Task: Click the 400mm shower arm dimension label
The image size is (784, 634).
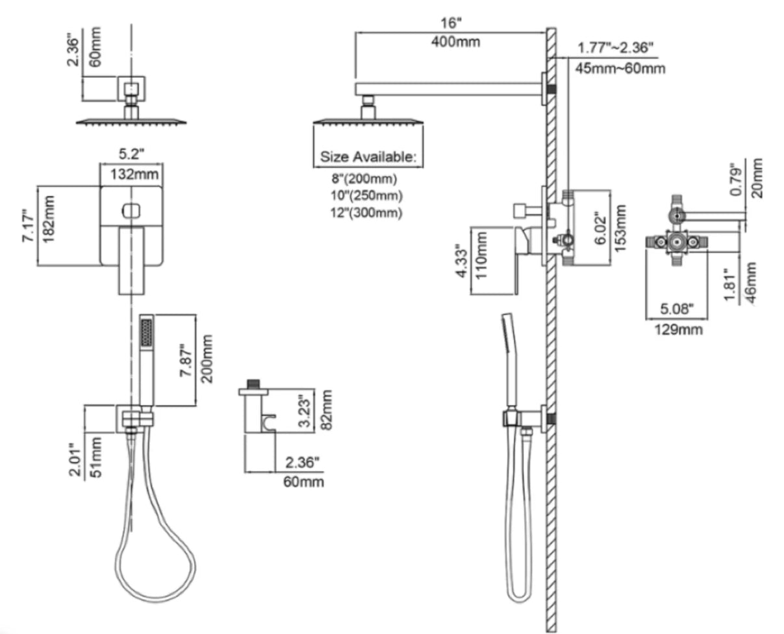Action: point(455,42)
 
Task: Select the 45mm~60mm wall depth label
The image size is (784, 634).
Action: point(617,67)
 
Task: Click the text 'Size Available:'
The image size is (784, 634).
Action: point(368,156)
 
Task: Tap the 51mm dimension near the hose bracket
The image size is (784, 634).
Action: point(95,456)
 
